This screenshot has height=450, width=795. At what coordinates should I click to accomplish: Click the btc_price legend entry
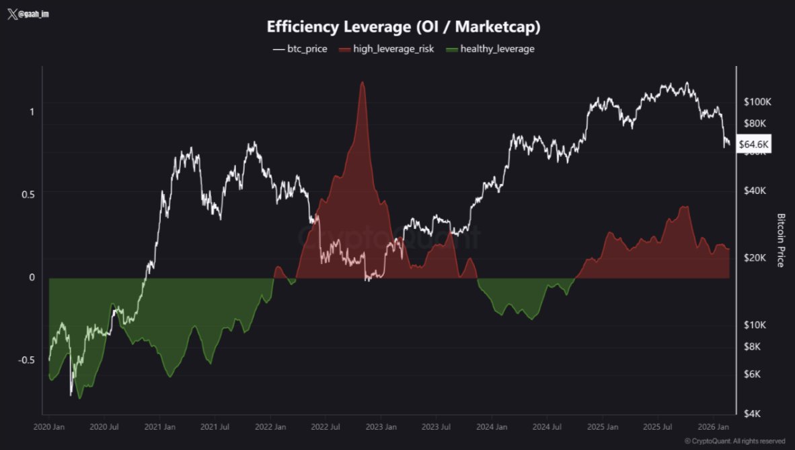point(300,49)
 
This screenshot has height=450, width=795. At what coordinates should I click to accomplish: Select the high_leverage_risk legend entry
point(386,49)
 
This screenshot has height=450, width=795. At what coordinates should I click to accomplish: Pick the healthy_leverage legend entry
point(490,49)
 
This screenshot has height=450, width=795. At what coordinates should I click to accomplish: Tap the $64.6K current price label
point(754,143)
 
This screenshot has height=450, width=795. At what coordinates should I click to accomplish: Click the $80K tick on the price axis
point(756,123)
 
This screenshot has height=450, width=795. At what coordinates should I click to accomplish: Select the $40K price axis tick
point(756,191)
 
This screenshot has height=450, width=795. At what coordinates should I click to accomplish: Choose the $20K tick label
point(756,258)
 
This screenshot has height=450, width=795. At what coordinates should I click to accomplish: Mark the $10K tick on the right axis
point(756,325)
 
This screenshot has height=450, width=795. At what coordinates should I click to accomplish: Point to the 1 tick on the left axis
point(32,111)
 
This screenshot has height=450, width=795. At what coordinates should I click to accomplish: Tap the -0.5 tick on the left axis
point(26,360)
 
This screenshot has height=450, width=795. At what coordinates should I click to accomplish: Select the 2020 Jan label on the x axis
point(48,427)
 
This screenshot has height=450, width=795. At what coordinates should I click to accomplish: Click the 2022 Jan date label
point(270,427)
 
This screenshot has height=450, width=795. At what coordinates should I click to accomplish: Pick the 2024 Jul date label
point(547,427)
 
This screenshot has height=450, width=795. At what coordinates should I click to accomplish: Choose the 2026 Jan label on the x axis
point(714,427)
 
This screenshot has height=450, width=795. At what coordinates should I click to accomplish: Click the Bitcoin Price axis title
point(781,240)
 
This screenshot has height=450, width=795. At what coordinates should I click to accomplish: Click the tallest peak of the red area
point(363,83)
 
